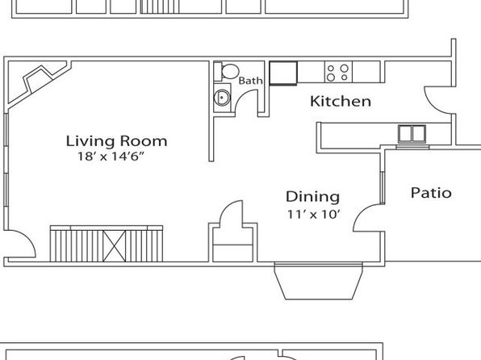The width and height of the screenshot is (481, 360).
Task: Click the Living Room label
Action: [x=116, y=141]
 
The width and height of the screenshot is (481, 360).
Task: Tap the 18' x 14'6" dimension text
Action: [x=111, y=157]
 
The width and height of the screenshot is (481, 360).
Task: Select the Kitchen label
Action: [x=341, y=101]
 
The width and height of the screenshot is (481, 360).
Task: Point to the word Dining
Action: [x=312, y=197]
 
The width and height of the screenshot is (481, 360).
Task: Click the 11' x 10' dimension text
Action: [x=314, y=214]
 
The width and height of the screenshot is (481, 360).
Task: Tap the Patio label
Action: [x=431, y=193]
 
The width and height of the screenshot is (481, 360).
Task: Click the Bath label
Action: [x=251, y=81]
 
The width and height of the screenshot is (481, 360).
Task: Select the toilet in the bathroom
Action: [x=227, y=71]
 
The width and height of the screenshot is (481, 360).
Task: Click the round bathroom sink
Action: [x=222, y=98]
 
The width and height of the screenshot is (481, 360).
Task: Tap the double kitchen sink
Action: [x=412, y=134]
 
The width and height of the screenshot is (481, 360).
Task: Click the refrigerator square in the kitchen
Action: [x=283, y=73]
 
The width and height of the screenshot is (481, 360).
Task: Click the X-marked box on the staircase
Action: [x=115, y=246]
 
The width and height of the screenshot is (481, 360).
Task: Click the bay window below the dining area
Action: [x=319, y=281]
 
